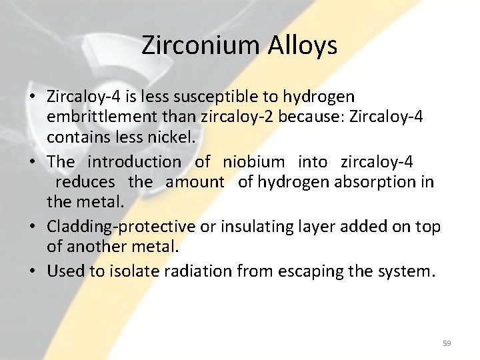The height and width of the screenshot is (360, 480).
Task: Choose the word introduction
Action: click(x=134, y=161)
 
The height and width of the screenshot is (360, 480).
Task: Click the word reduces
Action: click(x=85, y=181)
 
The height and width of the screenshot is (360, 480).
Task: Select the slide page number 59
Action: click(x=447, y=343)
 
